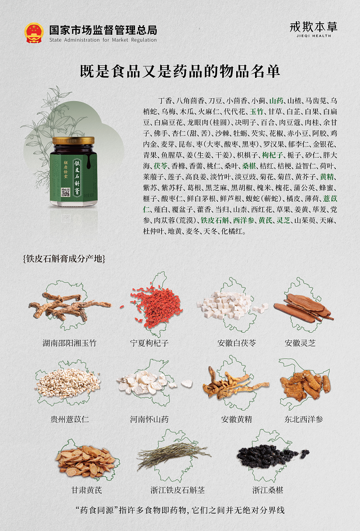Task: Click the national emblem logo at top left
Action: pyautogui.click(x=34, y=33)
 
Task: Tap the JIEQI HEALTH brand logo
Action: pyautogui.click(x=313, y=29)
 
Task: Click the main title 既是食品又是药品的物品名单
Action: pyautogui.click(x=180, y=71)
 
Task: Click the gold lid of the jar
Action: pyautogui.click(x=73, y=140)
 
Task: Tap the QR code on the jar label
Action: pyautogui.click(x=65, y=192)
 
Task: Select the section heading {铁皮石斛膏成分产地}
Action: pyautogui.click(x=64, y=259)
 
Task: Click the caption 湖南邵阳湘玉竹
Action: pyautogui.click(x=70, y=343)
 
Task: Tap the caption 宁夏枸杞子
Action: pyautogui.click(x=149, y=343)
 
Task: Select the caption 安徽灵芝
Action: pyautogui.click(x=300, y=343)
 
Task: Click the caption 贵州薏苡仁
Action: pyautogui.click(x=70, y=419)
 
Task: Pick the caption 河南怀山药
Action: pyautogui.click(x=149, y=419)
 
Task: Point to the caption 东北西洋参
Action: pyautogui.click(x=303, y=419)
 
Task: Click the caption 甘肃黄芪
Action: pyautogui.click(x=87, y=490)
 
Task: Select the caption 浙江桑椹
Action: pyautogui.click(x=268, y=490)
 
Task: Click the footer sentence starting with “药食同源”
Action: pyautogui.click(x=180, y=510)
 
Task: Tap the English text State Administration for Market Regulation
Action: pyautogui.click(x=103, y=40)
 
